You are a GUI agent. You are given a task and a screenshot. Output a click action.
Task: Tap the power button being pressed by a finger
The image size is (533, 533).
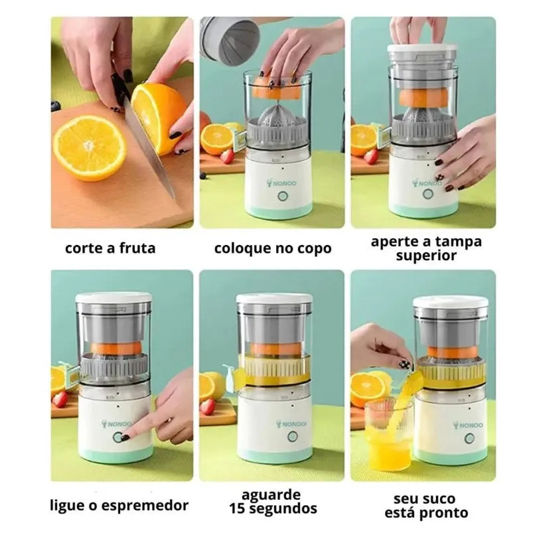121,437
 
